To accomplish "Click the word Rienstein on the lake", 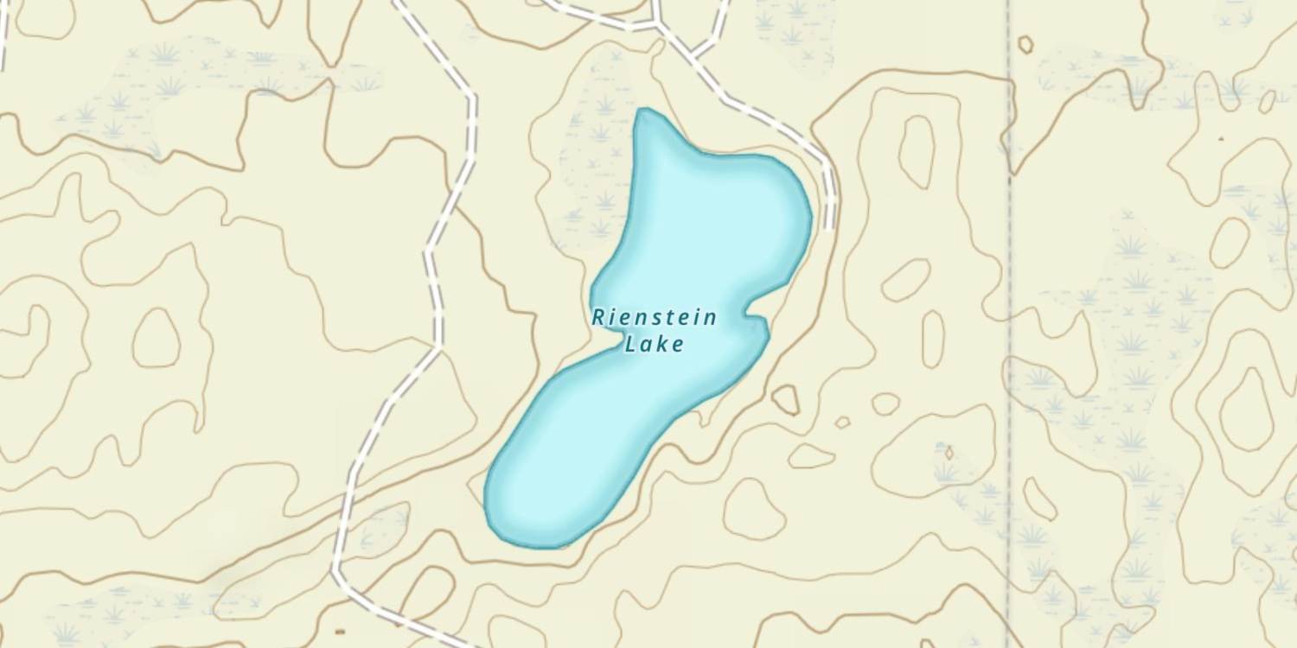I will pyautogui.click(x=655, y=318).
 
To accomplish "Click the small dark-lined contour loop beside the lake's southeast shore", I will pyautogui.click(x=785, y=399).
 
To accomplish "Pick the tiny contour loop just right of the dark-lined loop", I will pyautogui.click(x=841, y=422).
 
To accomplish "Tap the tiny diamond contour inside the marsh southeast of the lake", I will pyautogui.click(x=949, y=452).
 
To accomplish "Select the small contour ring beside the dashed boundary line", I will pyautogui.click(x=1025, y=44).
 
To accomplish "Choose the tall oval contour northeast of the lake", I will pyautogui.click(x=917, y=152).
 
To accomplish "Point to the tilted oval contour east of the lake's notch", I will pyautogui.click(x=905, y=280).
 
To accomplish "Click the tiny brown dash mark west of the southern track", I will pyautogui.click(x=340, y=632).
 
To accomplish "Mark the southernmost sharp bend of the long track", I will pyautogui.click(x=336, y=571).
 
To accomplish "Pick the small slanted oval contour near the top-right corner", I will pyautogui.click(x=1267, y=102).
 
